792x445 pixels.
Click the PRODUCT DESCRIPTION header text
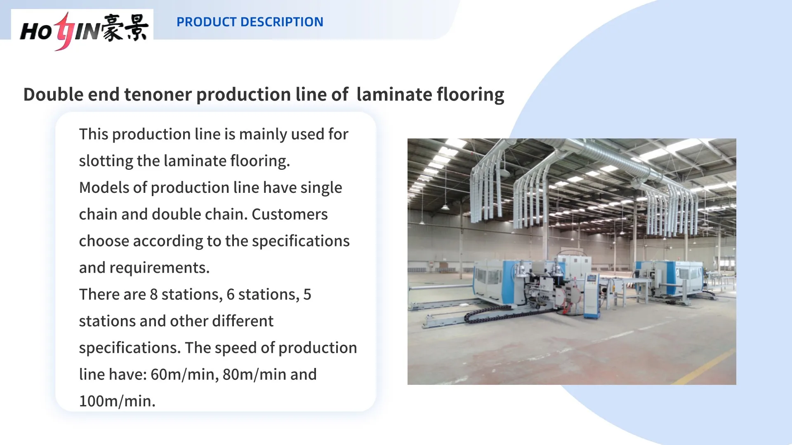250,22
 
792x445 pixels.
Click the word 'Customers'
290,214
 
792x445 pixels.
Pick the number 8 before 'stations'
153,295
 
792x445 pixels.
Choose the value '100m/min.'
117,401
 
